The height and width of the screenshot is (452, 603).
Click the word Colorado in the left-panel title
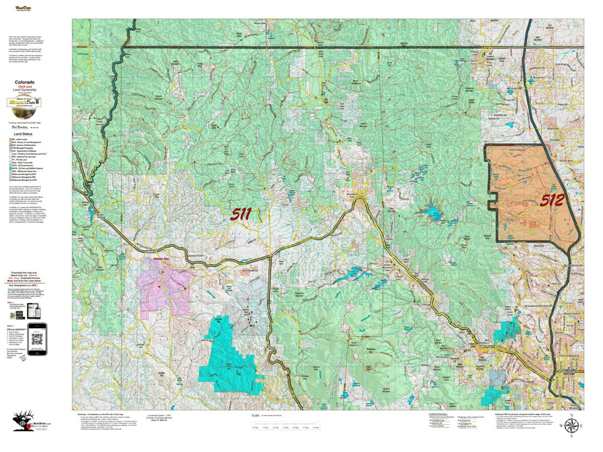coord(24,82)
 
